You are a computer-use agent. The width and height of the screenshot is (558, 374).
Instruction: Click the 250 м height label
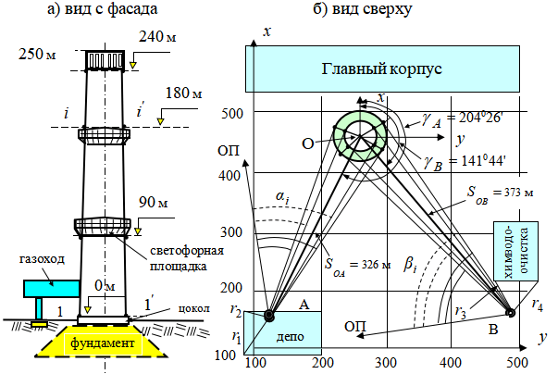coord(37,54)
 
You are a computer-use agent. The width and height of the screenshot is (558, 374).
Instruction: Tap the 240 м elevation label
coord(157,36)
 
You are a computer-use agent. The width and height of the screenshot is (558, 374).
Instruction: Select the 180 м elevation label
coord(183,93)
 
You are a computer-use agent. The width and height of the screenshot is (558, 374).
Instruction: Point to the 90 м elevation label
coord(154,202)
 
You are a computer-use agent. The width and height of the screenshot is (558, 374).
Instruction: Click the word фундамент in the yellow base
coord(103,343)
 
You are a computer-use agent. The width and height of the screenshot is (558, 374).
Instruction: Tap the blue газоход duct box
coord(51,289)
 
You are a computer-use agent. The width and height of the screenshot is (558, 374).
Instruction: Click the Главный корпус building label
coord(381,69)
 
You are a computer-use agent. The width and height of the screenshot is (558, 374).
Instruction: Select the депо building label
coord(290,336)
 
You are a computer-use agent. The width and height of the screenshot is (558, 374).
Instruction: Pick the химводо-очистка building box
coord(515,251)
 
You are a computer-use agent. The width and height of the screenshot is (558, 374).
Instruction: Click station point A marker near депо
coord(269,316)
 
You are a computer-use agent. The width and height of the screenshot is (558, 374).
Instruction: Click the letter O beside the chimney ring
coord(308,143)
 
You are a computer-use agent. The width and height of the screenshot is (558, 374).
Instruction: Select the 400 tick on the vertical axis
coord(229,176)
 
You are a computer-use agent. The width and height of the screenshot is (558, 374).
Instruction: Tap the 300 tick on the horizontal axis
coord(386,363)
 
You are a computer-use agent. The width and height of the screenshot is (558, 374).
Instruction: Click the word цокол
coord(194,308)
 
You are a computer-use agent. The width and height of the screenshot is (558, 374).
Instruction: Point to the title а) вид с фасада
coord(103,8)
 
